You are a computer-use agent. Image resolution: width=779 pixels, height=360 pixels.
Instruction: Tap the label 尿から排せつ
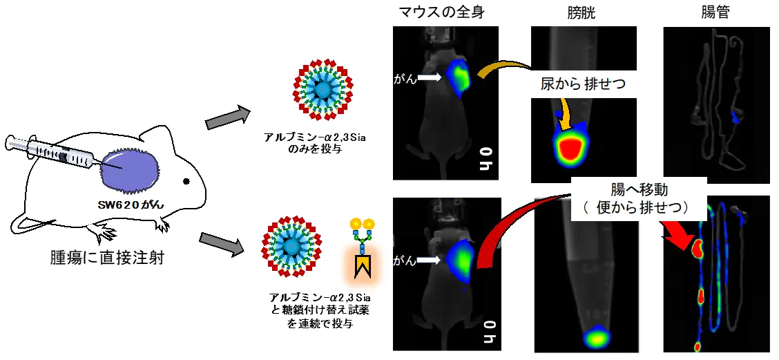pyautogui.click(x=583, y=85)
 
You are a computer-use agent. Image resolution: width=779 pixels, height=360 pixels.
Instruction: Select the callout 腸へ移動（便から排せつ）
pyautogui.click(x=639, y=198)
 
